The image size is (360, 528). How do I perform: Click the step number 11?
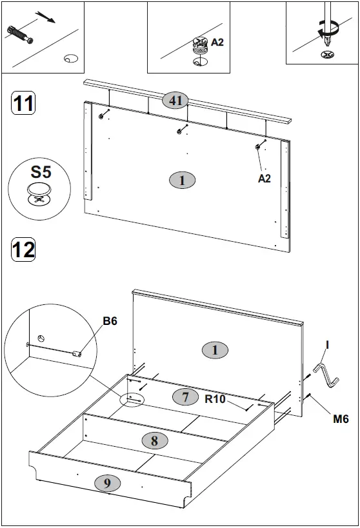pos(23,104)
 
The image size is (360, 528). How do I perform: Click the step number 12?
pos(23,248)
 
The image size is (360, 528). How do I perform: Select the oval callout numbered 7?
pos(185,397)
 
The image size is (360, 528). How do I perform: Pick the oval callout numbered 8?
pos(154,441)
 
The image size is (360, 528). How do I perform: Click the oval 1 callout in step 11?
pos(182,181)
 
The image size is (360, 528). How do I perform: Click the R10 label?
pos(215,399)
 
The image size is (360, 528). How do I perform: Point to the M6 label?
pos(341,419)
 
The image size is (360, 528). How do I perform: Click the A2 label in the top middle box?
pos(217,43)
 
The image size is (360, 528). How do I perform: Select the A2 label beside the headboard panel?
pos(265,179)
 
